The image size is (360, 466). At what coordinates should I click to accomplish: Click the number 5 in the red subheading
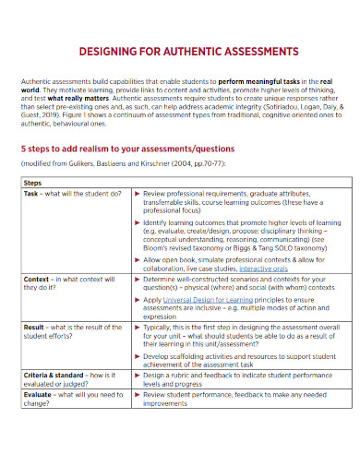click(x=24, y=148)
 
